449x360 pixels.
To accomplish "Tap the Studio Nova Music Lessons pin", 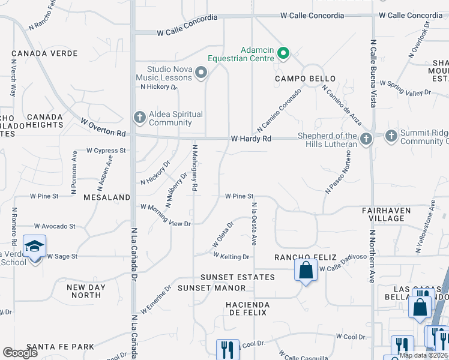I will [201, 73].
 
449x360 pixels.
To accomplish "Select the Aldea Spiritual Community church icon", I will [139, 117].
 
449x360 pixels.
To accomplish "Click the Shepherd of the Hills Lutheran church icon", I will [366, 139].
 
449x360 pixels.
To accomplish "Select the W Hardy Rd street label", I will [251, 139].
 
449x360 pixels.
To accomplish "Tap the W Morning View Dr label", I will [165, 215].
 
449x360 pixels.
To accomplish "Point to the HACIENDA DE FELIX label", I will [248, 309].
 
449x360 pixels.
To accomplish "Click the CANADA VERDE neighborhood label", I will [44, 53].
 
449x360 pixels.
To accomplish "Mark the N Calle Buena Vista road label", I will [373, 74].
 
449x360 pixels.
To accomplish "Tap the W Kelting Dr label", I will [231, 256].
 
